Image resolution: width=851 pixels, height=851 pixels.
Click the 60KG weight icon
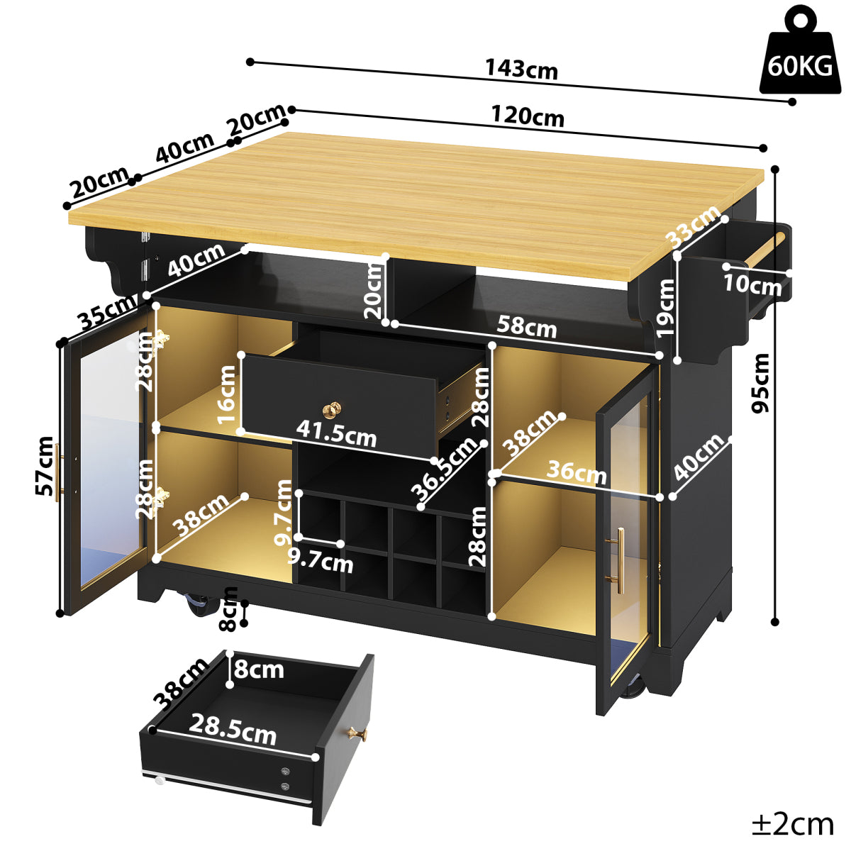click(800, 53)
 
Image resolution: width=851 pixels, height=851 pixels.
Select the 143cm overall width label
click(521, 69)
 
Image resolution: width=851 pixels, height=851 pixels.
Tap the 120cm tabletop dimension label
click(528, 116)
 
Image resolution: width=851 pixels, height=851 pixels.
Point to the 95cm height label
click(760, 383)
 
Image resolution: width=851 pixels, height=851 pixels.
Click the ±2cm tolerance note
click(793, 824)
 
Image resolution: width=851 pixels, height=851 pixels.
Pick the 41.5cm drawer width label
click(336, 433)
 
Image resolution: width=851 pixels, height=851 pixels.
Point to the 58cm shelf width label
click(527, 327)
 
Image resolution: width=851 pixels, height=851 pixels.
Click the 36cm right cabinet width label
click(577, 472)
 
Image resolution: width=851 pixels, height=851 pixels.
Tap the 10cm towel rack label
click(752, 284)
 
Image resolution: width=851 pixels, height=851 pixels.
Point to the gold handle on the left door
click(59, 472)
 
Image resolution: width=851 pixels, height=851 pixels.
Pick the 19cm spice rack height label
click(665, 308)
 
